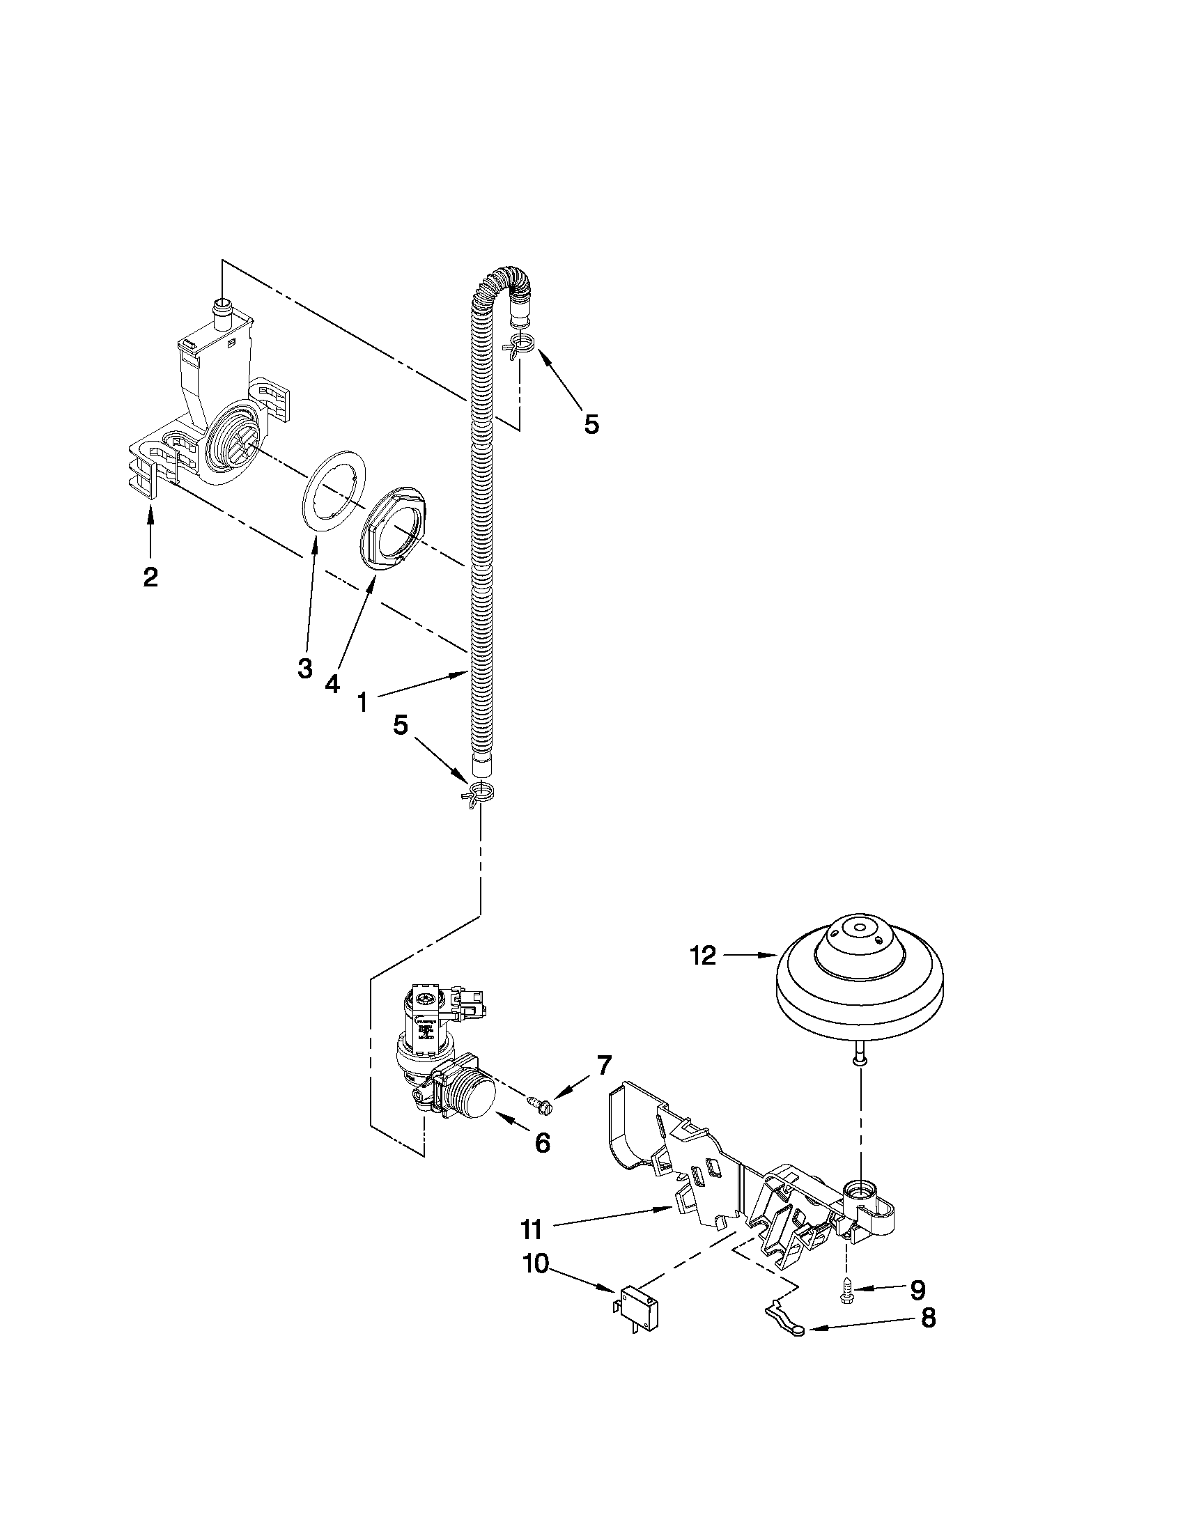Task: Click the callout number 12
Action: coord(703,956)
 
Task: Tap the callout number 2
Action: coord(150,577)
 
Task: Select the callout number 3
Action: coord(304,668)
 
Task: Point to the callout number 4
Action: coord(332,683)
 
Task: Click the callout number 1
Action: coord(362,701)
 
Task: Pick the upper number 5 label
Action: coord(591,423)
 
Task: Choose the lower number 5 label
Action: coord(400,725)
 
